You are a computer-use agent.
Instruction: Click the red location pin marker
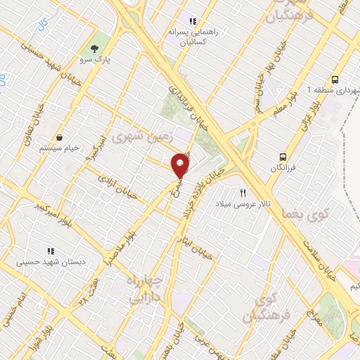pyautogui.click(x=181, y=165)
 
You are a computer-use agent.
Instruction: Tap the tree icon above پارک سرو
pyautogui.click(x=94, y=48)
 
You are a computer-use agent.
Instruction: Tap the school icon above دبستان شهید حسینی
pyautogui.click(x=50, y=250)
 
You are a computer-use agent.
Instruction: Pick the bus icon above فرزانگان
pyautogui.click(x=283, y=157)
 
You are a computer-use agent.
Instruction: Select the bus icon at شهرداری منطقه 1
pyautogui.click(x=335, y=79)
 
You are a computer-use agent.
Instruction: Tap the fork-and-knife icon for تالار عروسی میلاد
pyautogui.click(x=244, y=191)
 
